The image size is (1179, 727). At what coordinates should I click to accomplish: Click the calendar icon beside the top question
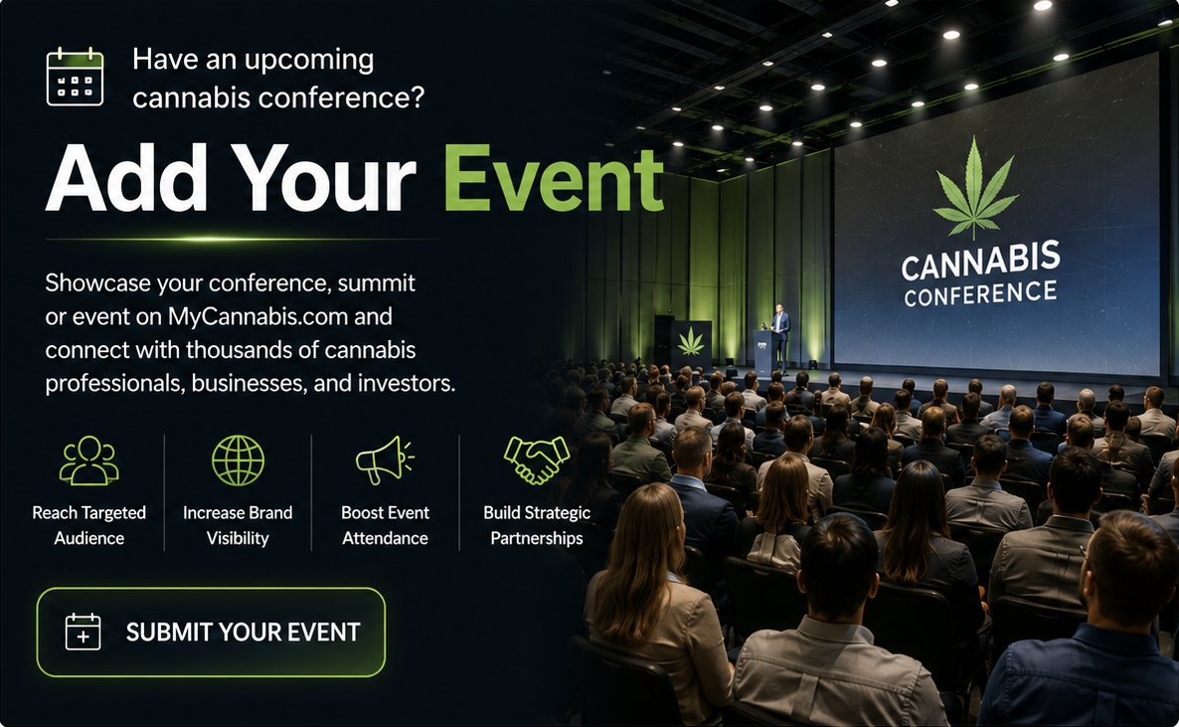(x=75, y=76)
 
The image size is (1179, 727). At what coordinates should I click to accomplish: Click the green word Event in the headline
(x=554, y=179)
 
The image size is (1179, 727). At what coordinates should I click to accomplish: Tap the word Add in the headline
(x=126, y=178)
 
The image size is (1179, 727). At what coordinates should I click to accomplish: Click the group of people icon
(x=88, y=460)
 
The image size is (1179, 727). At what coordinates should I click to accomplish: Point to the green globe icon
(x=238, y=460)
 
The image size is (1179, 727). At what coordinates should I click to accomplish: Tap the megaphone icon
(x=385, y=459)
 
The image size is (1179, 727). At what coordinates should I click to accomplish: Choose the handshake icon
(x=536, y=459)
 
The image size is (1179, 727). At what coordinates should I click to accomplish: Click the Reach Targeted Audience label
(x=88, y=525)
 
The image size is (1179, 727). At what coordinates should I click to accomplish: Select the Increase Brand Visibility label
(x=238, y=525)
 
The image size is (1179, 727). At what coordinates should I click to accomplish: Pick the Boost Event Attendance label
(x=385, y=525)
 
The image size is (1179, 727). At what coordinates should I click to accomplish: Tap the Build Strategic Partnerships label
(x=537, y=525)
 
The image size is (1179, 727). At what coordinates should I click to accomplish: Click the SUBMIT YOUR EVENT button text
(x=243, y=633)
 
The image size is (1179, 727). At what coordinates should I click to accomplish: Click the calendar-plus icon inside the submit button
(x=83, y=632)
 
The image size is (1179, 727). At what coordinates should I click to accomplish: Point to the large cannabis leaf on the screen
(x=975, y=188)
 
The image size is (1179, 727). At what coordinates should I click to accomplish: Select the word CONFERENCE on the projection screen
(x=980, y=293)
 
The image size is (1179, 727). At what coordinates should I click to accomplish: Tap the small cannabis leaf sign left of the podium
(x=691, y=342)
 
